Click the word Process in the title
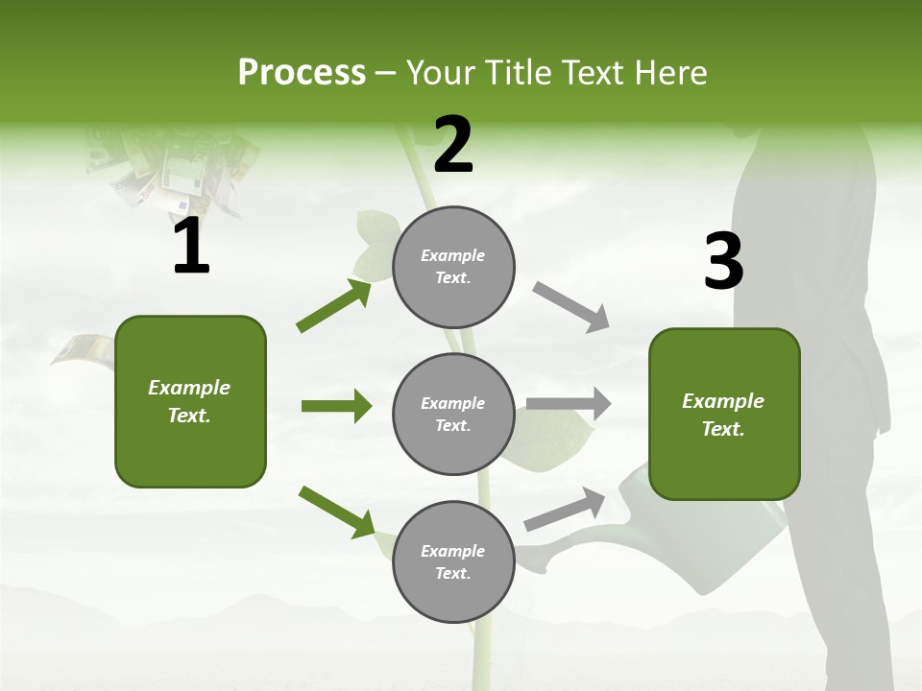302,73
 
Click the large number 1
191,248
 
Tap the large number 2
453,145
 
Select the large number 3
723,262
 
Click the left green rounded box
190,401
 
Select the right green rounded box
724,415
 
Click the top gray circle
453,267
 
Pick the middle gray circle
453,415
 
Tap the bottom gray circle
453,562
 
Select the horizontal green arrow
336,406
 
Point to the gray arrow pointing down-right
570,306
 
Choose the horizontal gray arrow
569,404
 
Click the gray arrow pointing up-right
565,510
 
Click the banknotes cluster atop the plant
173,168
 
